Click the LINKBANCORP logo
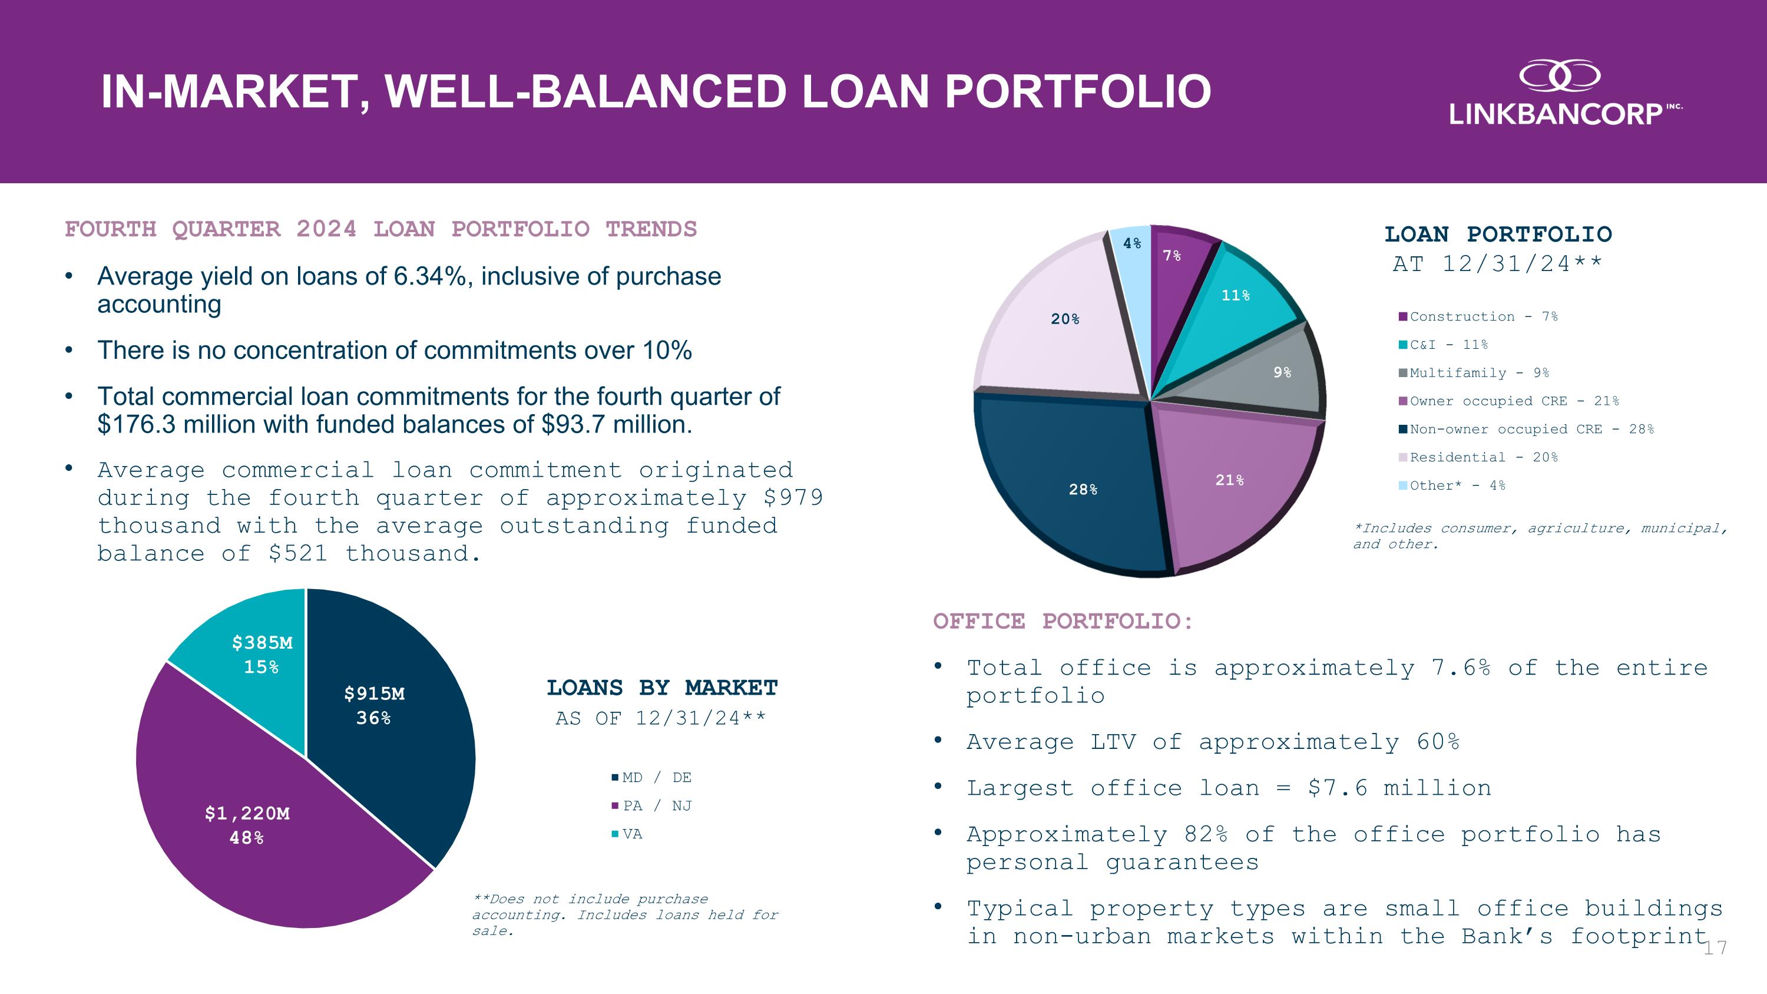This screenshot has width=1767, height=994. tap(1566, 93)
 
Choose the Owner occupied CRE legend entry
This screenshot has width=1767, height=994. tap(1508, 401)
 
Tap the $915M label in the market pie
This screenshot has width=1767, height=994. tap(374, 694)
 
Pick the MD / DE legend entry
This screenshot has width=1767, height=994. tap(651, 777)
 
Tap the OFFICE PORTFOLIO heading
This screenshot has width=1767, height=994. tap(1063, 622)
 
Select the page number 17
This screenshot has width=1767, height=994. tap(1715, 948)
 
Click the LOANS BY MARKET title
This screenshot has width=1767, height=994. tap(662, 688)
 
